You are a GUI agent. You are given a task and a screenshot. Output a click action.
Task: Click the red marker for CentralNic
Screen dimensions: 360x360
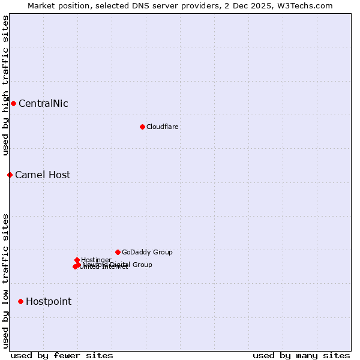point(13,103)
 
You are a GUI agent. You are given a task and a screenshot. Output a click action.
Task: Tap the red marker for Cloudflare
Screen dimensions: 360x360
point(142,127)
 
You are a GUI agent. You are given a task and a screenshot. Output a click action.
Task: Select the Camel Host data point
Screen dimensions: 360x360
point(10,175)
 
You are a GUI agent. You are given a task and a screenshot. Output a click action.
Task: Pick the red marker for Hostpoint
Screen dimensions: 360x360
point(20,301)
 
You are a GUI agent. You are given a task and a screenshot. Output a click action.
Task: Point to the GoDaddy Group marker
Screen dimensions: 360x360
point(118,252)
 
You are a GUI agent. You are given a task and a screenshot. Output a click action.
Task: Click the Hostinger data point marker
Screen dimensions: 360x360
point(77,260)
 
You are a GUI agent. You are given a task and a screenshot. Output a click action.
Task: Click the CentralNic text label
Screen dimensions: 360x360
point(43,103)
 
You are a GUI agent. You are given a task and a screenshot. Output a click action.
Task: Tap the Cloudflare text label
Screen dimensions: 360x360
point(162,127)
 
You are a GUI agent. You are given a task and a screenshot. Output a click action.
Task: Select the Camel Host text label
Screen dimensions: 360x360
point(43,175)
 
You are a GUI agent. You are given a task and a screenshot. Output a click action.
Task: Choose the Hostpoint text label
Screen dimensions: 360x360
point(49,301)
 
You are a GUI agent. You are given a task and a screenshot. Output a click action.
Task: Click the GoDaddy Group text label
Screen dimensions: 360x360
point(147,252)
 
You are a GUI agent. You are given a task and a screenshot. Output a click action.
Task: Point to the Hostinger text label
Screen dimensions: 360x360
point(96,260)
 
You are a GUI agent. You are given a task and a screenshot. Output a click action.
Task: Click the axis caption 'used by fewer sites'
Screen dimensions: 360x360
point(62,355)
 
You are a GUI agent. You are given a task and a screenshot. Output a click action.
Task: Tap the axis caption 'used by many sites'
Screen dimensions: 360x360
point(301,355)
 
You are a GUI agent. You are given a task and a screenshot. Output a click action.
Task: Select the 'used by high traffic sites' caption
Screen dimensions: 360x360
point(5,85)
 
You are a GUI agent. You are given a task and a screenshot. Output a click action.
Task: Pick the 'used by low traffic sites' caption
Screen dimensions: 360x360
point(5,281)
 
